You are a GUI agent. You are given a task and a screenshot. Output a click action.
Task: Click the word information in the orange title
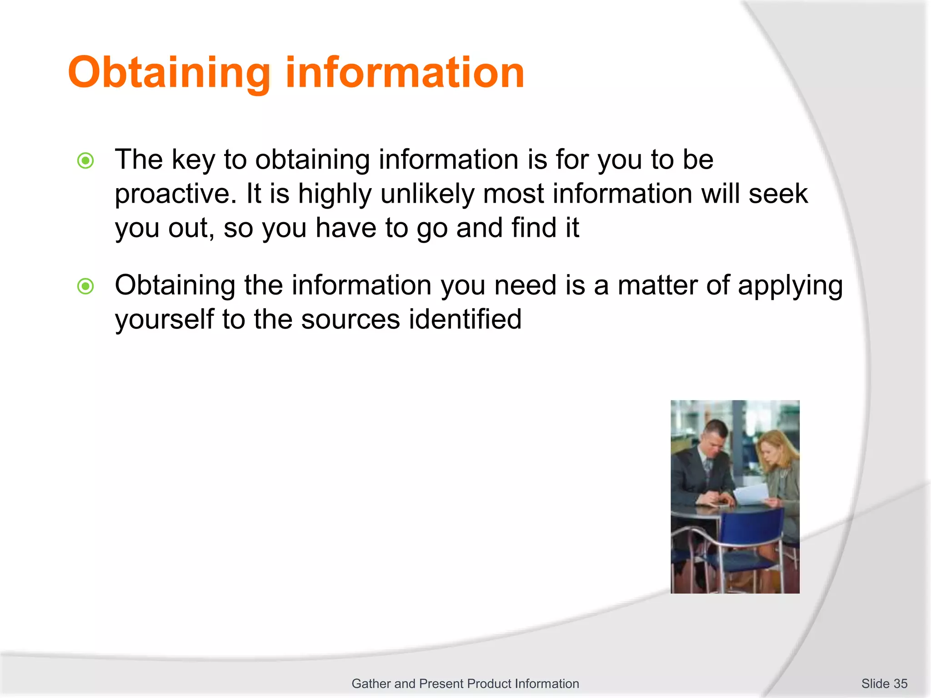coord(405,73)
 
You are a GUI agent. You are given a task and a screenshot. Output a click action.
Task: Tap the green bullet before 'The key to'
coord(85,160)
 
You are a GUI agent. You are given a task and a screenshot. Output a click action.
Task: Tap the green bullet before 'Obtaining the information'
coord(85,286)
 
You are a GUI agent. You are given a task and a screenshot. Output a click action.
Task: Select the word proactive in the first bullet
coord(175,194)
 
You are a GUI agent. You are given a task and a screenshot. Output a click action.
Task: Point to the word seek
coord(778,194)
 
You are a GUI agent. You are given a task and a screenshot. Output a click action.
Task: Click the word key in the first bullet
coord(193,160)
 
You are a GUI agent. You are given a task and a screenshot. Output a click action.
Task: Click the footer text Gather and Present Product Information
coord(465,683)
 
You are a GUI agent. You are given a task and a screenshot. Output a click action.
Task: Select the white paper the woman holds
coord(752,494)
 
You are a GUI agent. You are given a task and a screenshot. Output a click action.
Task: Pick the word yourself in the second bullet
coord(164,319)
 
